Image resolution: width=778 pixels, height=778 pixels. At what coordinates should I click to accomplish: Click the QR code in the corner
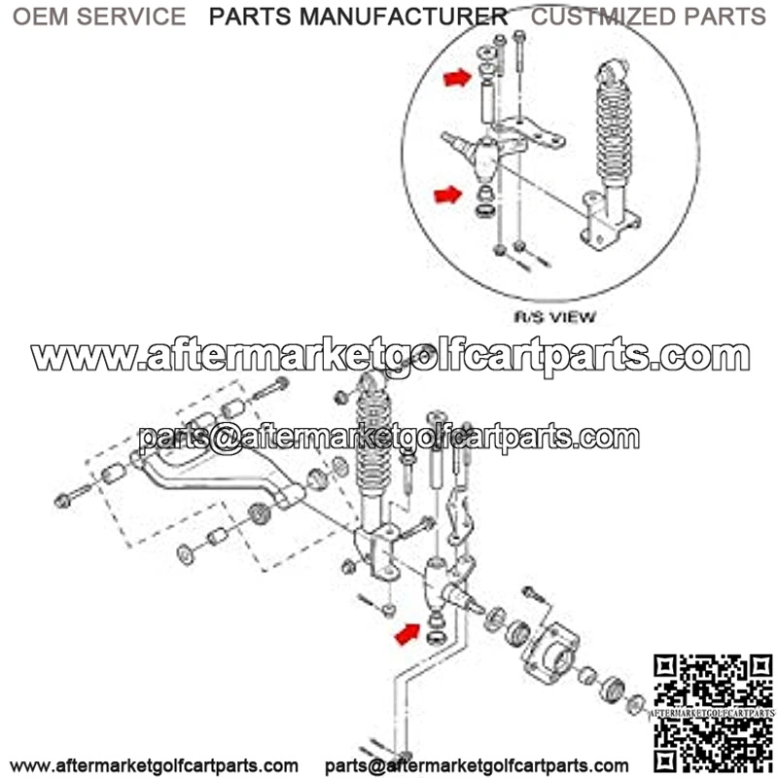(713, 716)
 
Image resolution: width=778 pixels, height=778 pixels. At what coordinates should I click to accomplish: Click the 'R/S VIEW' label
(554, 317)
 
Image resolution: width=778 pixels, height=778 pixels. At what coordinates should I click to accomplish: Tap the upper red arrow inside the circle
(457, 78)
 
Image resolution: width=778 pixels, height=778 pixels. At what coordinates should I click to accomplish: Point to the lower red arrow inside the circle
(448, 194)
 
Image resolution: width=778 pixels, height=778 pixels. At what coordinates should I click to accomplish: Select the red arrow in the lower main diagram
(407, 635)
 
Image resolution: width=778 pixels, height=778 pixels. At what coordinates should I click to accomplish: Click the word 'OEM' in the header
(41, 17)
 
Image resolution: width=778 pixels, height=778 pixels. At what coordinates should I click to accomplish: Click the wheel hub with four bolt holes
(549, 654)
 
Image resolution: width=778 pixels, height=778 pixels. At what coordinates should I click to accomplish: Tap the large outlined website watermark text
(390, 355)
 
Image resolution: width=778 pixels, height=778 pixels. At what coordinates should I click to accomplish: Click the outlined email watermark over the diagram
(389, 438)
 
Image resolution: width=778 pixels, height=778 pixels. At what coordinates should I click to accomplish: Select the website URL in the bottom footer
(154, 766)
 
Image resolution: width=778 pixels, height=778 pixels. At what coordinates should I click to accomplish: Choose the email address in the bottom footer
(477, 766)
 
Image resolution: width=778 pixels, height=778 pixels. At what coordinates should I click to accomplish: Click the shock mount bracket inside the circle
(610, 221)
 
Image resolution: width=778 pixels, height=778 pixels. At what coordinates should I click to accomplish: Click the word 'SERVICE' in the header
(131, 17)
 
